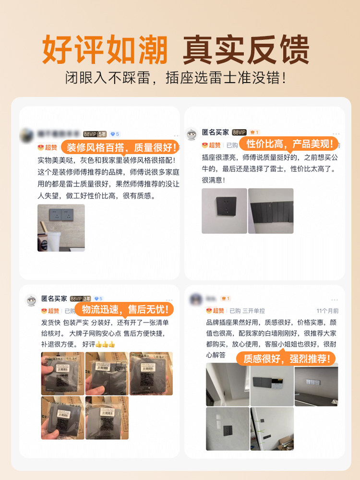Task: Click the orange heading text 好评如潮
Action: [105, 49]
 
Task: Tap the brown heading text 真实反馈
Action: [246, 49]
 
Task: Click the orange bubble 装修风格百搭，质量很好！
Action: [122, 147]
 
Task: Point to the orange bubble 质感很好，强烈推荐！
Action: [286, 358]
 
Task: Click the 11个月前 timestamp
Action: [327, 311]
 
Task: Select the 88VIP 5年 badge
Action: [95, 134]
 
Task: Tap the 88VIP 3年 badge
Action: [80, 299]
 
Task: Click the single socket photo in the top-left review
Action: [61, 228]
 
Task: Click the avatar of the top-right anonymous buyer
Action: [192, 134]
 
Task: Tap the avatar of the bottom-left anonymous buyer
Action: [31, 300]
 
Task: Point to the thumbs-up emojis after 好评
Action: [105, 345]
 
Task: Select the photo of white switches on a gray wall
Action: [316, 384]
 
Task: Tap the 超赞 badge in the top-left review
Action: [48, 147]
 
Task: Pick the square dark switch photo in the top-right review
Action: [224, 211]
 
